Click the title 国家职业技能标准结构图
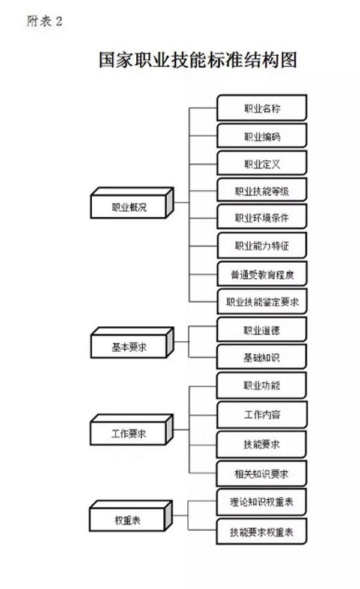tap(198, 61)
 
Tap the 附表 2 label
tap(45, 22)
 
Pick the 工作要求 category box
tap(130, 433)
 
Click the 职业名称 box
tap(262, 109)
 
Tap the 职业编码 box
tap(262, 137)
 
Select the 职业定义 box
tap(262, 164)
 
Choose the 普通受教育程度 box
tap(262, 274)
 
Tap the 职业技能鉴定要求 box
tap(262, 302)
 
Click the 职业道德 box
tap(262, 330)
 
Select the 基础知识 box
tap(262, 357)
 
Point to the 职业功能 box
tap(262, 385)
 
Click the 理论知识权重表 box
tap(262, 501)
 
